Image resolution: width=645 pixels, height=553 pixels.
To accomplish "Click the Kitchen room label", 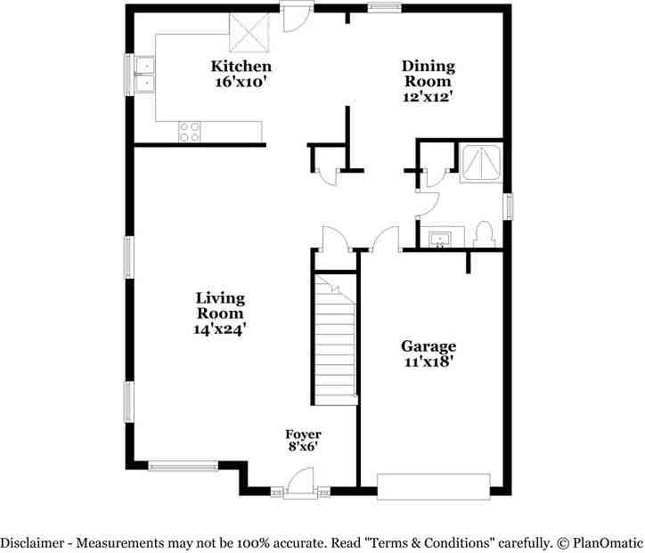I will click(241, 67).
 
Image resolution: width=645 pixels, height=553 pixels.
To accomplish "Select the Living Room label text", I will click(220, 305).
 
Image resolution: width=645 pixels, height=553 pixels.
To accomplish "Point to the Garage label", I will click(428, 346).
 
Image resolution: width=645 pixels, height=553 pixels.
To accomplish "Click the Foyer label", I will click(303, 434).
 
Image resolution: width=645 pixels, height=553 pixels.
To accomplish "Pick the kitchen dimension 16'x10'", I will click(241, 82).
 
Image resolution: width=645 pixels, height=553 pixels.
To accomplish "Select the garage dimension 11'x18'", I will click(428, 361).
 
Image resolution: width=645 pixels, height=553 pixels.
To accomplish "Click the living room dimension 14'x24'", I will click(220, 329).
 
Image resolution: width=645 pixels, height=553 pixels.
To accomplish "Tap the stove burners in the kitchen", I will click(189, 132).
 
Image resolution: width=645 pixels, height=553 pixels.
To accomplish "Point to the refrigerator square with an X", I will click(249, 33).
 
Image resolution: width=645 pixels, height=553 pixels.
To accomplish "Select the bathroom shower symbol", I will click(481, 163).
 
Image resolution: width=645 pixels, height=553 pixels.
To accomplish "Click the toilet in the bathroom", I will click(485, 234).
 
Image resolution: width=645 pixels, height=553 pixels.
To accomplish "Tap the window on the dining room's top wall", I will click(383, 8).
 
